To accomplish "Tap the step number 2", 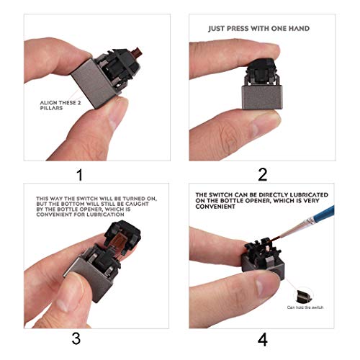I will [262, 174].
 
